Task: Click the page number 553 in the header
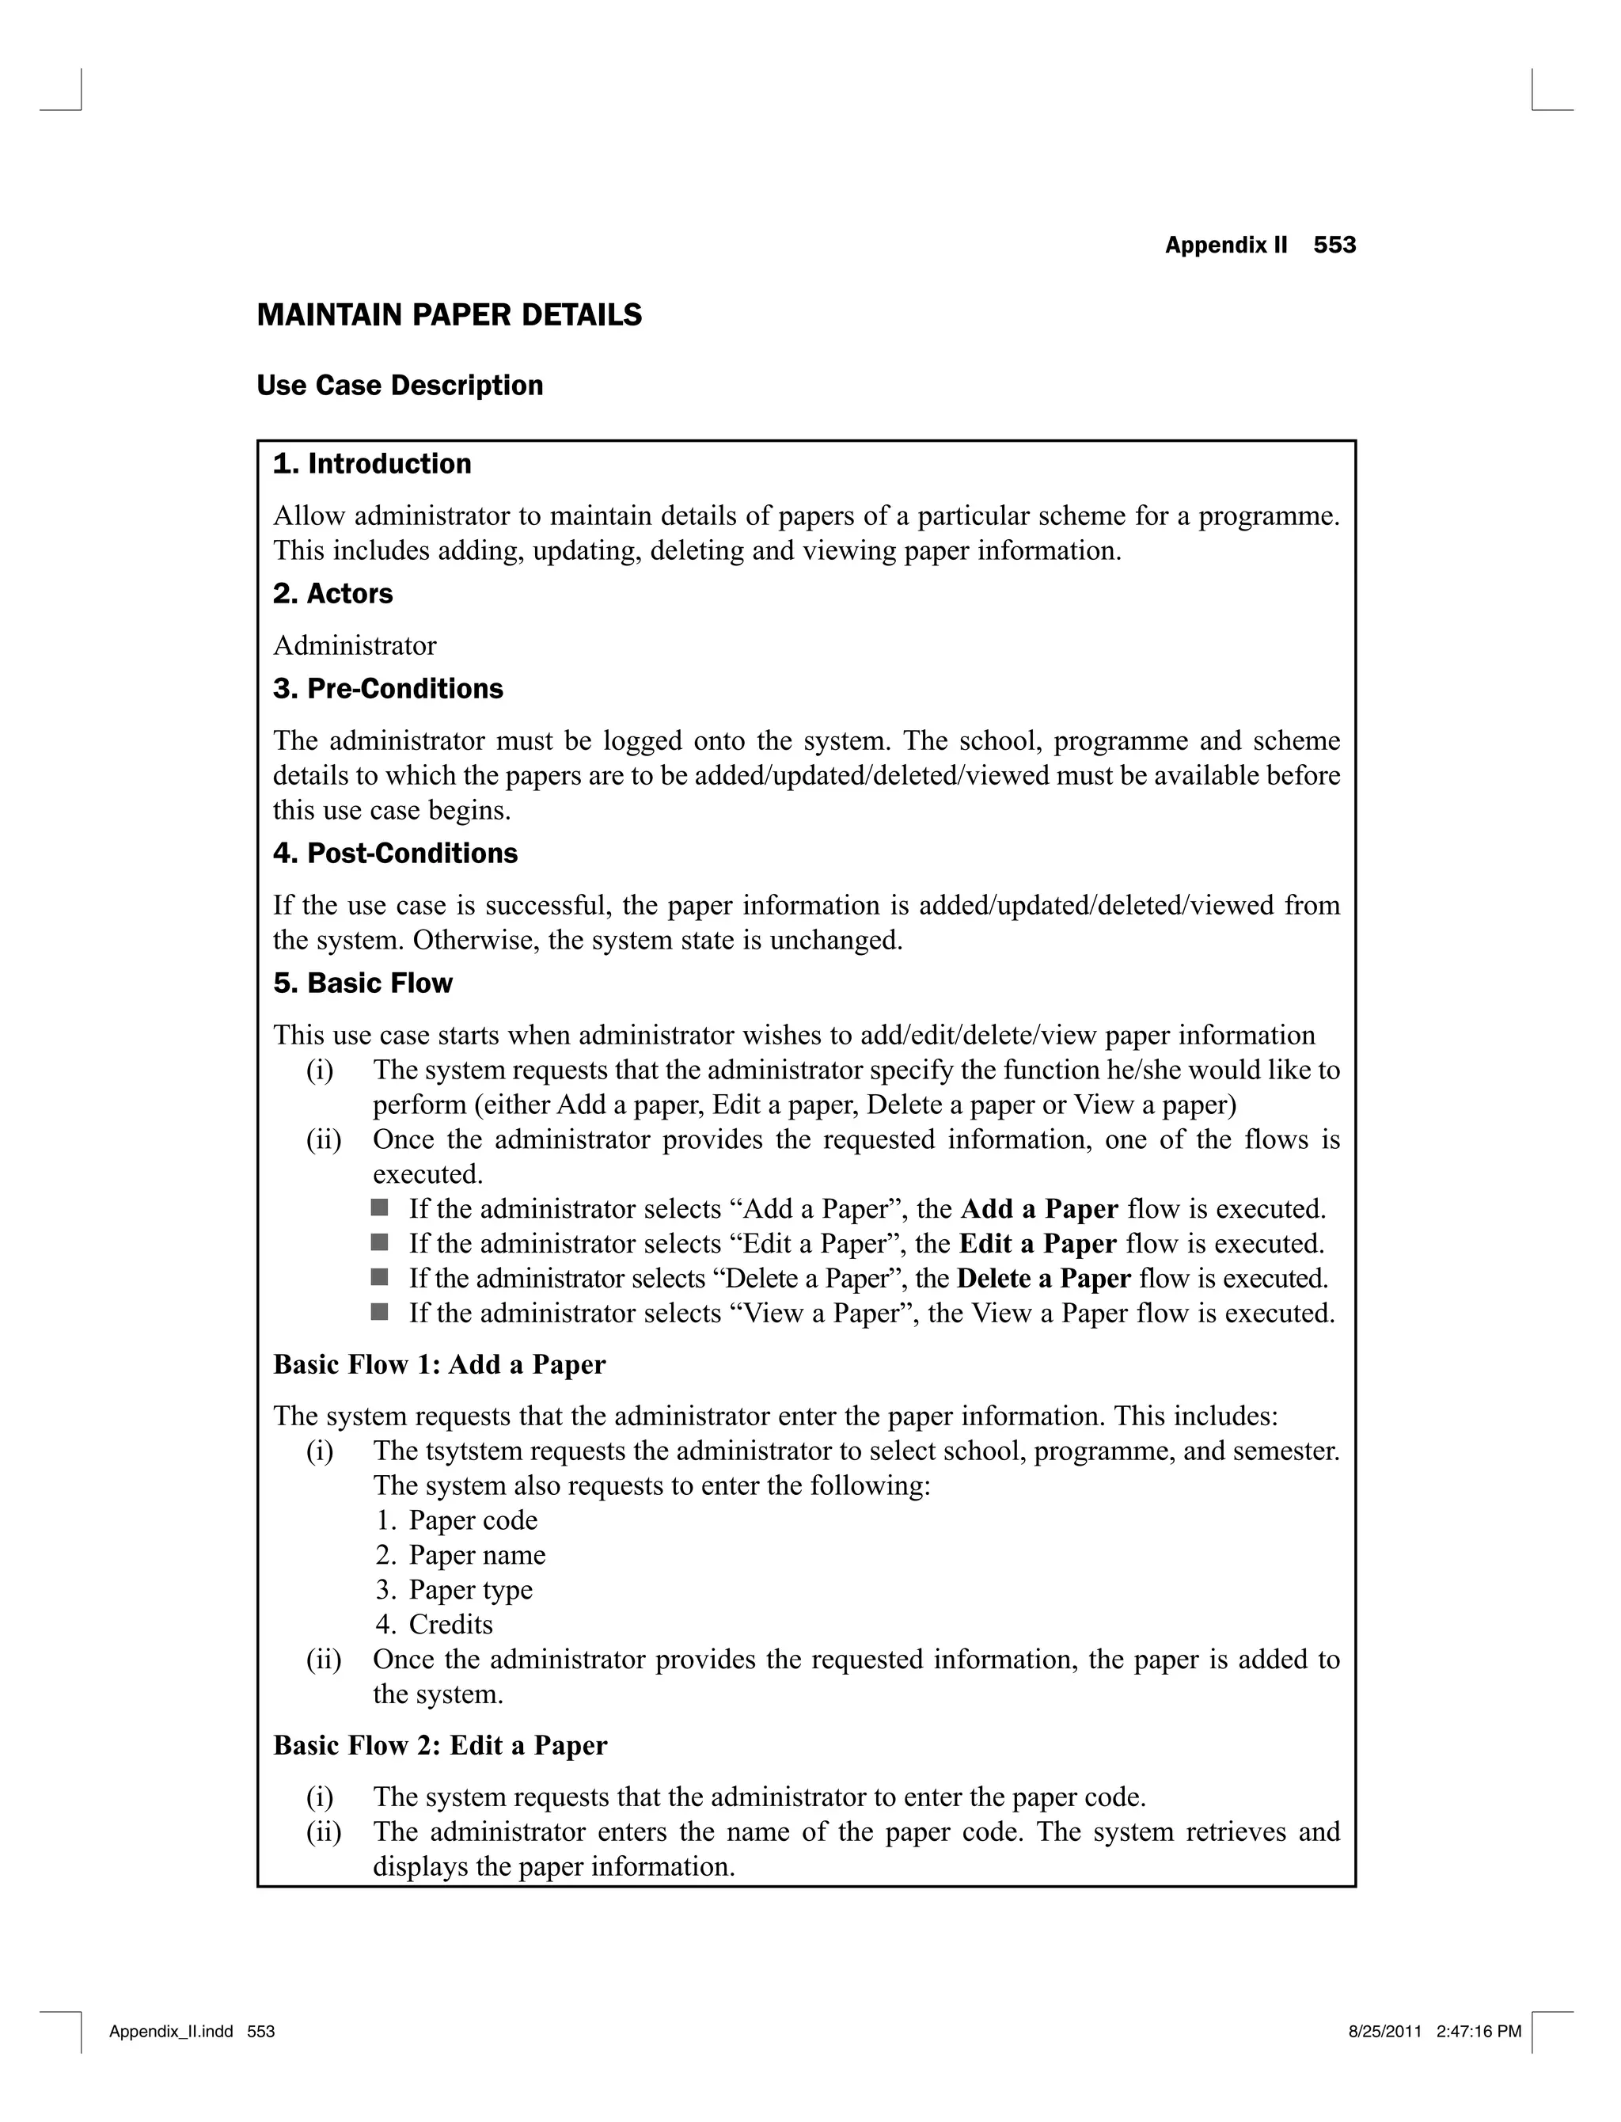coord(1334,245)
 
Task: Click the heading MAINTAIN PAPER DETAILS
coord(449,316)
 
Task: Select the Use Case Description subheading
coord(400,386)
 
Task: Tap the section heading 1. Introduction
coord(373,464)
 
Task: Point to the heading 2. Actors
coord(333,594)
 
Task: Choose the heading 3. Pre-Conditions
coord(388,689)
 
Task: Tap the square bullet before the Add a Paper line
coord(379,1207)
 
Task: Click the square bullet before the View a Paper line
coord(379,1311)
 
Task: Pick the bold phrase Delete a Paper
coord(1043,1279)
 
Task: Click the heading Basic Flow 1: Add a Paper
coord(439,1364)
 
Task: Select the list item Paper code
coord(473,1521)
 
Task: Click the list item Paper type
coord(470,1590)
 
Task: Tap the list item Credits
coord(450,1625)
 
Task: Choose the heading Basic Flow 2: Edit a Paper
coord(440,1746)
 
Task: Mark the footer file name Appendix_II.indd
coord(171,2031)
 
